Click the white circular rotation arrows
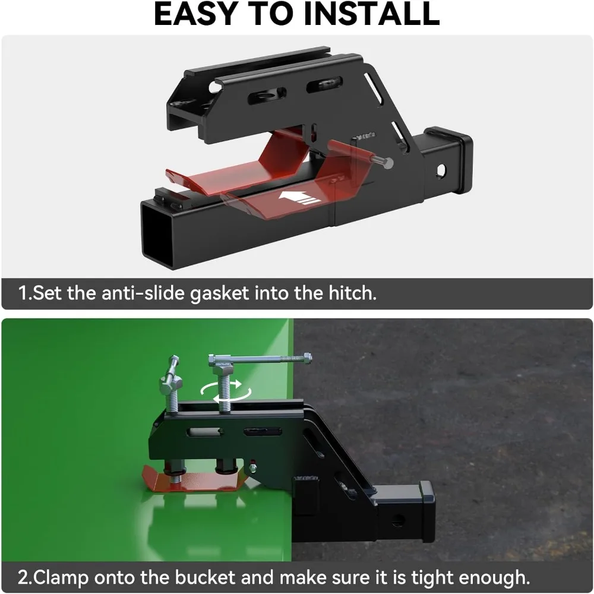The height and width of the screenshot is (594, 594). pyautogui.click(x=225, y=391)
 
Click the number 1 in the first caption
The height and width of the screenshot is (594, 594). pyautogui.click(x=24, y=294)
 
